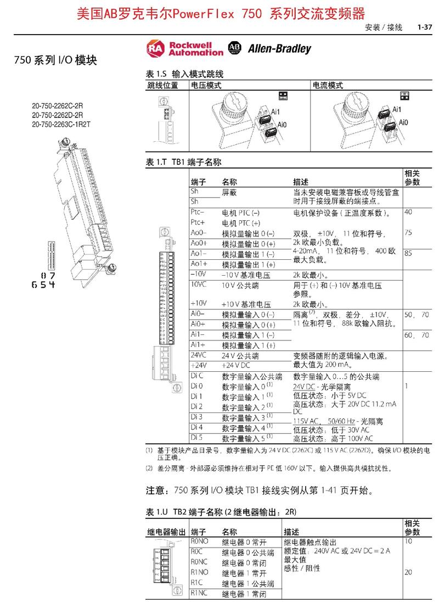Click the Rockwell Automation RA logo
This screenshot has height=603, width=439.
coord(156,48)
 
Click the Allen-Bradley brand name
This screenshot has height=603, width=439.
coord(279,49)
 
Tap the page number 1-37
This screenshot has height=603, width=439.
coord(425,27)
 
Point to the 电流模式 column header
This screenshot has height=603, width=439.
coord(328,85)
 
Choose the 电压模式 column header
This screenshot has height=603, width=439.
coord(206,85)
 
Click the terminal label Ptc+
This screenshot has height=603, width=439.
coord(198,222)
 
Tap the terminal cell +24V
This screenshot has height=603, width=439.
coord(198,365)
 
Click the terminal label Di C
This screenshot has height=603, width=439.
coord(197,376)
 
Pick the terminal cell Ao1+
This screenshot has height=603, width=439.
coord(199,264)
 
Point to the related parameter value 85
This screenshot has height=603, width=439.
coord(408,254)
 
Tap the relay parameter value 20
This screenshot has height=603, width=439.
coord(408,572)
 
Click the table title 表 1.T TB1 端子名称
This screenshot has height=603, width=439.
coord(183,163)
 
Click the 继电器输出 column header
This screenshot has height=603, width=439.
coord(166,532)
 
